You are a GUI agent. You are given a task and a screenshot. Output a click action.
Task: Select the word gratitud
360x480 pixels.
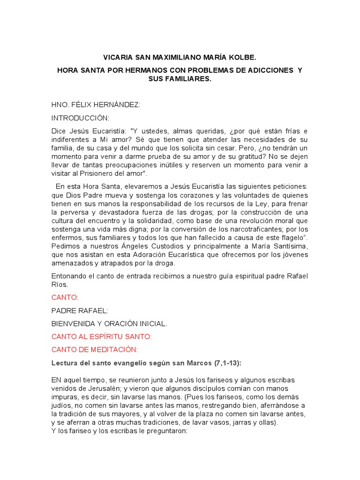point(249,156)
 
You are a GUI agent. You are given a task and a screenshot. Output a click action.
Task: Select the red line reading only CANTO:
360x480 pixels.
point(65,297)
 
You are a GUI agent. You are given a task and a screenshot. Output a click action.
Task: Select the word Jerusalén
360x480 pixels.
point(102,388)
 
